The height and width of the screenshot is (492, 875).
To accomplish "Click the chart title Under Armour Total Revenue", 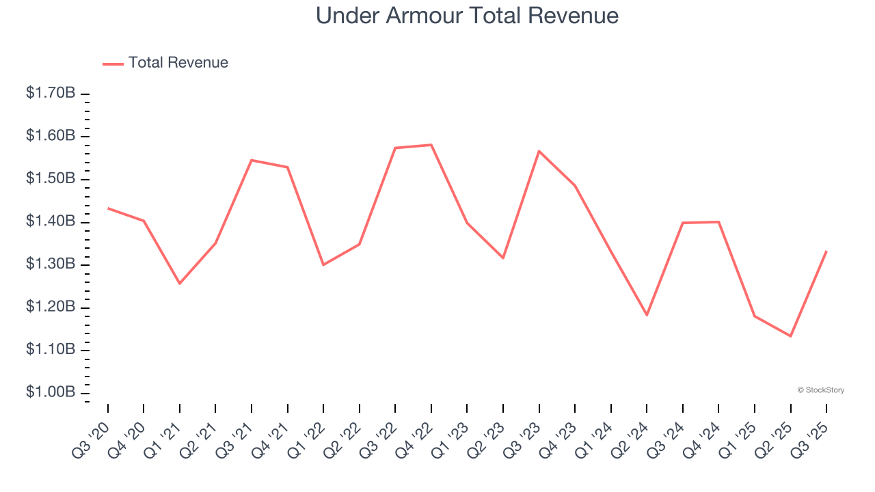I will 467,16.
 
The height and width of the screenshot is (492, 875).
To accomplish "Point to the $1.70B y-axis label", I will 51,93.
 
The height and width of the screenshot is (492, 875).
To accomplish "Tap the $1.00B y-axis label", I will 51,393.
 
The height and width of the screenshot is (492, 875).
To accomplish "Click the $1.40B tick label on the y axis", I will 51,221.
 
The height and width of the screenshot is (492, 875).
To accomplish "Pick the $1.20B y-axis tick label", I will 51,307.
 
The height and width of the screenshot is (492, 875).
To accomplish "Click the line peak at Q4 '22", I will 431,145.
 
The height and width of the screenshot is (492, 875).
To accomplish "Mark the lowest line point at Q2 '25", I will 790,336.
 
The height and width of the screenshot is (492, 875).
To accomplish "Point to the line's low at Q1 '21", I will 180,284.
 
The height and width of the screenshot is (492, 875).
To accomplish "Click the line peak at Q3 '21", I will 252,160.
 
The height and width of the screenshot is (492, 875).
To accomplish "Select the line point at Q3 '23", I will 539,151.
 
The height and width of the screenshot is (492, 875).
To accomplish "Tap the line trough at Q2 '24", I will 647,315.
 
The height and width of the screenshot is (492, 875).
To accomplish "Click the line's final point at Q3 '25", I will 826,251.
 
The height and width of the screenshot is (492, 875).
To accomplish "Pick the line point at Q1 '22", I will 323,264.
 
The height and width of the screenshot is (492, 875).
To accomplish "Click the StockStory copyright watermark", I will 821,390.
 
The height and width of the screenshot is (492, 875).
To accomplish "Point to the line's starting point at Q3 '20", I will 108,208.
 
